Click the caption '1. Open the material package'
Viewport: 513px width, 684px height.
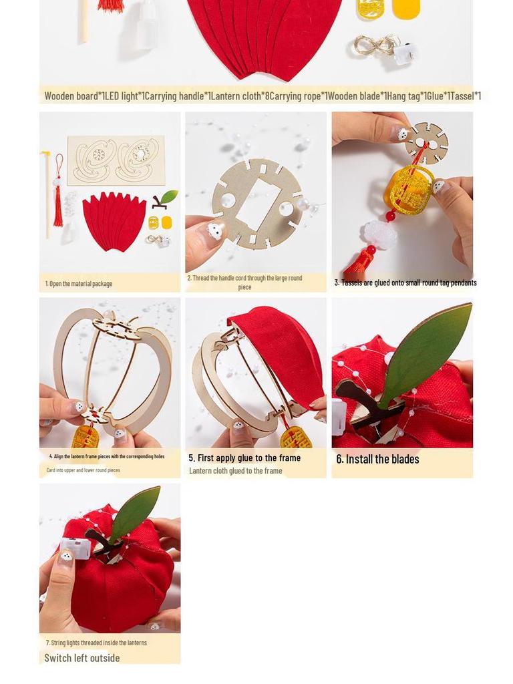click(79, 284)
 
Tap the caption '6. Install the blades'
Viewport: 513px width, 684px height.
click(377, 459)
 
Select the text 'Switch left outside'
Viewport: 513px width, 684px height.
click(82, 658)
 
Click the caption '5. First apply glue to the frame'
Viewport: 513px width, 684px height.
click(244, 458)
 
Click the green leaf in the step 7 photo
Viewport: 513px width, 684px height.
click(136, 512)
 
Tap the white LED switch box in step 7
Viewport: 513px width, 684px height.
click(75, 548)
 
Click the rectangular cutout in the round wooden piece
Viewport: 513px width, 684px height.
click(259, 204)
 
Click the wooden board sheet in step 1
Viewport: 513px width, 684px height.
click(116, 160)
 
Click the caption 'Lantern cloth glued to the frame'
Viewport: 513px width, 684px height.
click(236, 471)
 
